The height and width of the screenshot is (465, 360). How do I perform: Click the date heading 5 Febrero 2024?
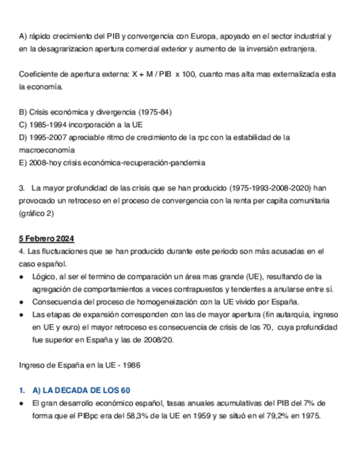click(x=47, y=239)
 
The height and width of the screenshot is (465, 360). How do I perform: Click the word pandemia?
click(x=188, y=162)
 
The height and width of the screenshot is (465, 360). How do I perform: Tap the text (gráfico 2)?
click(x=36, y=213)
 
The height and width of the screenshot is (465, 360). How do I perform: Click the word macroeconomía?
click(x=47, y=150)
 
